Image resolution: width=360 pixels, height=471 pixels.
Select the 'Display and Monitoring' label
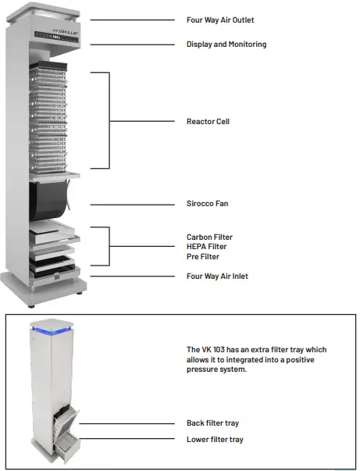click(x=226, y=45)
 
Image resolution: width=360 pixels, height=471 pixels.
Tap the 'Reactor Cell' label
click(x=207, y=121)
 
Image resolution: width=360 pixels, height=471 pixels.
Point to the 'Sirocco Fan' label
click(x=207, y=204)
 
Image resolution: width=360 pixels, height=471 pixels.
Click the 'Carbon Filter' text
click(x=209, y=237)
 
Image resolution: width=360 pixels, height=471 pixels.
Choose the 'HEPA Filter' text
click(x=206, y=247)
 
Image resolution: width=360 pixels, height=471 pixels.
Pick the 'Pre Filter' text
click(x=202, y=257)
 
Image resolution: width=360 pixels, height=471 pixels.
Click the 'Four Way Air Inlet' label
click(x=217, y=276)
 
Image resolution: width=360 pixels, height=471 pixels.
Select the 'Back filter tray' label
click(x=213, y=423)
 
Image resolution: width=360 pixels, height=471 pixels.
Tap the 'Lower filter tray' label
click(x=215, y=440)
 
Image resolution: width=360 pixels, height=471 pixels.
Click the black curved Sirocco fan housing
click(x=49, y=202)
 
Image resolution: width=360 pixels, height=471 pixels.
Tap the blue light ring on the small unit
click(x=52, y=332)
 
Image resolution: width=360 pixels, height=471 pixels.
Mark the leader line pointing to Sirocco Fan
click(x=133, y=204)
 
